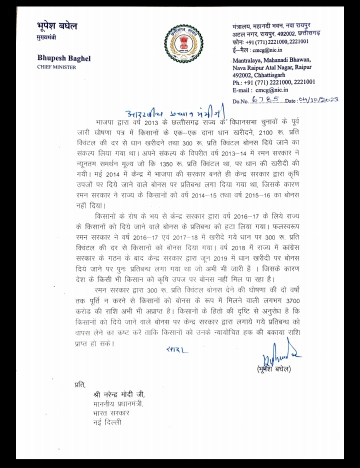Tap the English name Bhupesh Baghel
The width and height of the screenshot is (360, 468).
tap(64, 58)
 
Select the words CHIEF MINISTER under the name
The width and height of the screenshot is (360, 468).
tap(57, 67)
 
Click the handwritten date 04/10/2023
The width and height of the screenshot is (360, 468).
tap(318, 100)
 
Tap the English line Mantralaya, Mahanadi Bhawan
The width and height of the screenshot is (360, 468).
tap(271, 60)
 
